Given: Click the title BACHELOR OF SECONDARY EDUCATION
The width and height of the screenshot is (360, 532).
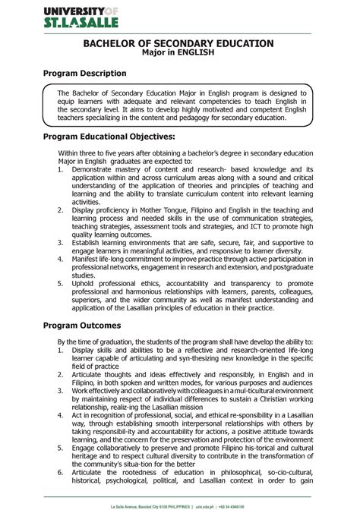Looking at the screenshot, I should [x=178, y=45].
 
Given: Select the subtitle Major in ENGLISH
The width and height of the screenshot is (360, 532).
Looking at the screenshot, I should [x=178, y=54].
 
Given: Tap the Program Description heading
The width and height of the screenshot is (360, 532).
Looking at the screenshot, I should [x=85, y=74].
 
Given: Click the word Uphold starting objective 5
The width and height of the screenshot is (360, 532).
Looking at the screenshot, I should [x=86, y=284].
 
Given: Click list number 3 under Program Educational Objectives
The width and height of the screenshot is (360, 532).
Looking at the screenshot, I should [x=61, y=242].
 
